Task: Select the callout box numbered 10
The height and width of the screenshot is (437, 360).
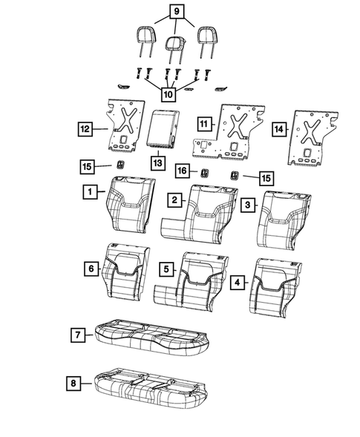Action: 168,94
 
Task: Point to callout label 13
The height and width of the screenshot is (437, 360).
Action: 158,162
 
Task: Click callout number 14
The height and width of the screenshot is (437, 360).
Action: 278,130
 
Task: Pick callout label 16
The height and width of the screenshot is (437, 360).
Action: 180,171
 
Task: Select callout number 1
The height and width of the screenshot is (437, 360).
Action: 88,192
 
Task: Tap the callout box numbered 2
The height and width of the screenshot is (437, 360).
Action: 174,200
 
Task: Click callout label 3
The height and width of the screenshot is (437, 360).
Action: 250,203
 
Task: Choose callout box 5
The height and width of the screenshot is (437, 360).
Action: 168,268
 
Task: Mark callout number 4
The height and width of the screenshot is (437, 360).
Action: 238,282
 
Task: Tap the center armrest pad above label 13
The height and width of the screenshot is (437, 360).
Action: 162,131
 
